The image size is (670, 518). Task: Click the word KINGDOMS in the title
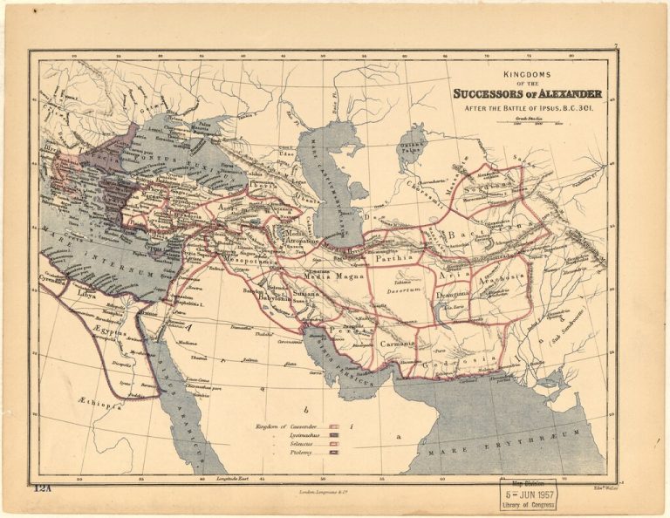[531, 76]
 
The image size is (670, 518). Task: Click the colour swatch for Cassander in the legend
[333, 426]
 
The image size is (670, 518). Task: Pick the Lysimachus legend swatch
[333, 435]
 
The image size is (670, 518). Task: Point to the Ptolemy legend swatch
[333, 454]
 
